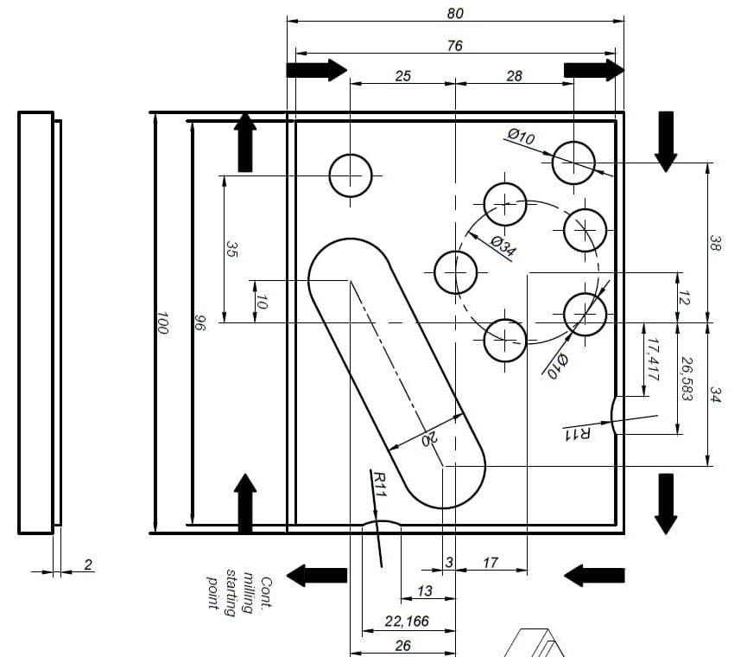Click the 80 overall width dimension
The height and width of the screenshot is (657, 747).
click(x=455, y=13)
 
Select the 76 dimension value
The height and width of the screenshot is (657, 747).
click(x=455, y=46)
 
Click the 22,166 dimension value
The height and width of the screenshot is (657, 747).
click(x=407, y=622)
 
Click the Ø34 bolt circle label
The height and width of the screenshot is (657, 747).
click(x=503, y=246)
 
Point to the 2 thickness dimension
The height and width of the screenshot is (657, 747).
click(x=88, y=565)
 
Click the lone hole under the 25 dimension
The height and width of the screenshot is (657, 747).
click(x=351, y=176)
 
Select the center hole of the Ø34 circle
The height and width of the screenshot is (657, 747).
click(x=455, y=272)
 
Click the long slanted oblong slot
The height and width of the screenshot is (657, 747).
click(x=396, y=373)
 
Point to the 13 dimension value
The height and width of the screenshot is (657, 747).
click(x=425, y=591)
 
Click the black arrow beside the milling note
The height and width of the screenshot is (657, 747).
click(x=316, y=575)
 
